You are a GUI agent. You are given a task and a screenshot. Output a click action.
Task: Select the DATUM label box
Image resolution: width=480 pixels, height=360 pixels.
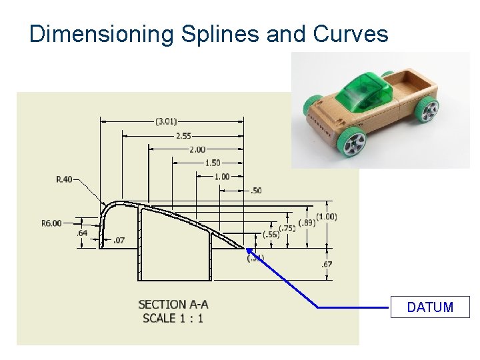430,307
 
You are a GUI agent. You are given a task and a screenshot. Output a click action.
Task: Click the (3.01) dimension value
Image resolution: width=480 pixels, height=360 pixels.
166,121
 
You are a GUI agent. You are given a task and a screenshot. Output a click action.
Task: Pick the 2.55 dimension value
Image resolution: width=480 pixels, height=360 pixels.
183,135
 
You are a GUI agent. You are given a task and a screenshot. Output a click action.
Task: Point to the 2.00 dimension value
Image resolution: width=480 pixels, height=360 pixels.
197,149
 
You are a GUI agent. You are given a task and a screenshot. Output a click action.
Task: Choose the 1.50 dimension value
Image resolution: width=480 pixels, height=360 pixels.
212,163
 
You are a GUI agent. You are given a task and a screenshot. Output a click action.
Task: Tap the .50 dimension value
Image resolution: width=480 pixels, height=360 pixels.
256,191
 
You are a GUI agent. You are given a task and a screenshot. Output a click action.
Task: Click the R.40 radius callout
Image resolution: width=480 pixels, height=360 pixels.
65,179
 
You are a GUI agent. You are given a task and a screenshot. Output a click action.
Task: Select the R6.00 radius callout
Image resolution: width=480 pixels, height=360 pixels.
51,223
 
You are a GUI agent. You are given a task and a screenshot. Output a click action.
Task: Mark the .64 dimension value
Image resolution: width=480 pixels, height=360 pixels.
82,233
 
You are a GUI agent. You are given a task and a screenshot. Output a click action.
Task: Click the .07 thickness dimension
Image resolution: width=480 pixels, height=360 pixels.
119,240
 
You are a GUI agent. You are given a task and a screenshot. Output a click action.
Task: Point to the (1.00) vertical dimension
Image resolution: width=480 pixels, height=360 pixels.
326,217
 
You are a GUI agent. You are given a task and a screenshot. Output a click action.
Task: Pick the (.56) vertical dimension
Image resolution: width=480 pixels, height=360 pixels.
271,234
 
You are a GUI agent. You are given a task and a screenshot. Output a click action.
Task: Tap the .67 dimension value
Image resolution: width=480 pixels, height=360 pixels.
327,265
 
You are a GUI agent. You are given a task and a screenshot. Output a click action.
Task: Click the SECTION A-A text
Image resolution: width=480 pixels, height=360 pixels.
173,305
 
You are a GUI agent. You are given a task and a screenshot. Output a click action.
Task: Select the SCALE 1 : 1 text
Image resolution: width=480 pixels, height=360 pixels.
173,319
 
